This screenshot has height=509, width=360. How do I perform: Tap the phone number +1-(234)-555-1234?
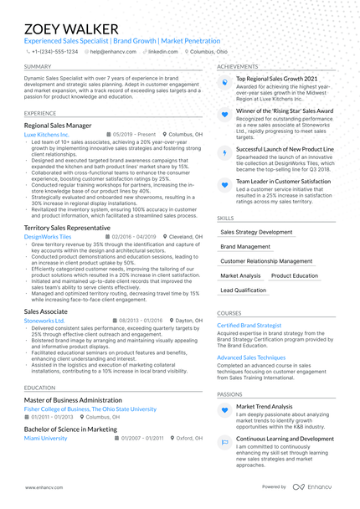[x=54, y=51]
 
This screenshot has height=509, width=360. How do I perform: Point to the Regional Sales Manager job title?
[x=59, y=124]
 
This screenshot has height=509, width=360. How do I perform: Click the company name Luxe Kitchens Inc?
[x=47, y=134]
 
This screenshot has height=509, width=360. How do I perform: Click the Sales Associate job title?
[x=46, y=310]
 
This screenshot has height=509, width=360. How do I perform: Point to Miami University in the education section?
[x=46, y=438]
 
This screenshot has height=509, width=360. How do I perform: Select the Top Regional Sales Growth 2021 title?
[x=276, y=78]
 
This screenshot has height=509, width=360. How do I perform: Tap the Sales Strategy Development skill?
[x=256, y=232]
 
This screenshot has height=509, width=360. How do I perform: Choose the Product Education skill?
[x=295, y=275]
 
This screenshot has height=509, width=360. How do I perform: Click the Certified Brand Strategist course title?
[x=249, y=325]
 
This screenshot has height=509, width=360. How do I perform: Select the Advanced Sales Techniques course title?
[x=252, y=357]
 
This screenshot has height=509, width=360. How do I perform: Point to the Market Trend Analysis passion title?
[x=265, y=406]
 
